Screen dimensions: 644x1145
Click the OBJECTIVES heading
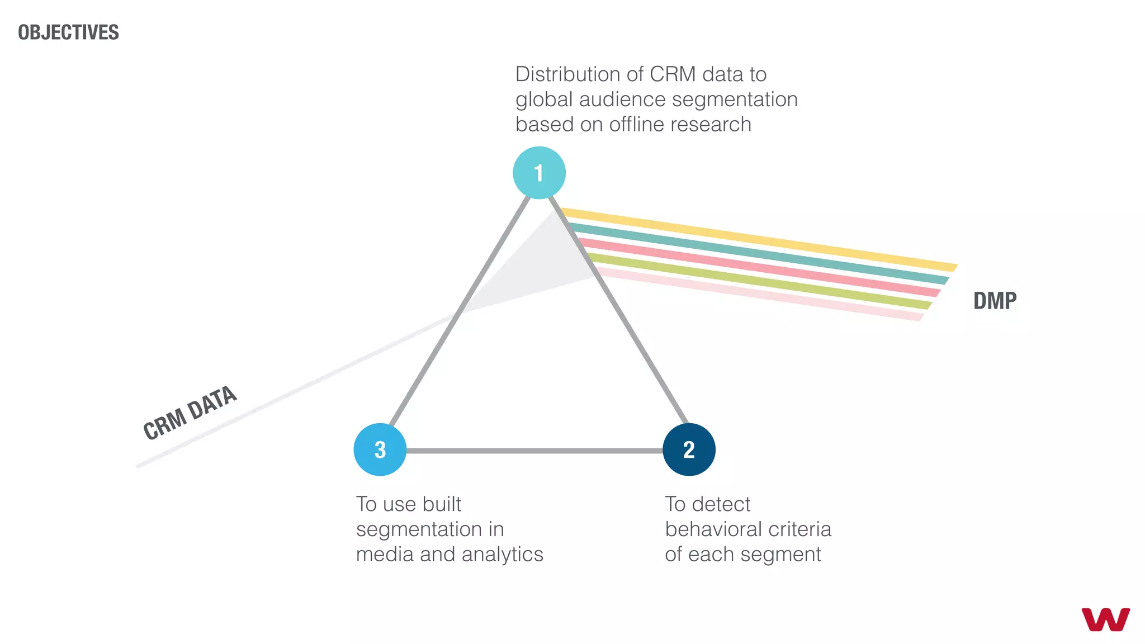(68, 32)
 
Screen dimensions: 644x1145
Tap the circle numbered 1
(539, 173)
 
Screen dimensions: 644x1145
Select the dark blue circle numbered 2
(689, 449)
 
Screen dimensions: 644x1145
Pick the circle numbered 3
(380, 449)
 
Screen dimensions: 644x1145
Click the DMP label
(995, 301)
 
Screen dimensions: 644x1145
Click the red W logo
(1105, 619)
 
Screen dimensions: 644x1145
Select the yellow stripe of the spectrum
(755, 239)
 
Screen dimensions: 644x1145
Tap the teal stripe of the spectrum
(755, 253)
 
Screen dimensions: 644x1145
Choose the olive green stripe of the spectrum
(755, 280)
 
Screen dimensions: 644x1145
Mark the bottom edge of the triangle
(534, 451)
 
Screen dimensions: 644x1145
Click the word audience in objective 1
(622, 100)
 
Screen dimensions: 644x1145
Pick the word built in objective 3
(442, 504)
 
